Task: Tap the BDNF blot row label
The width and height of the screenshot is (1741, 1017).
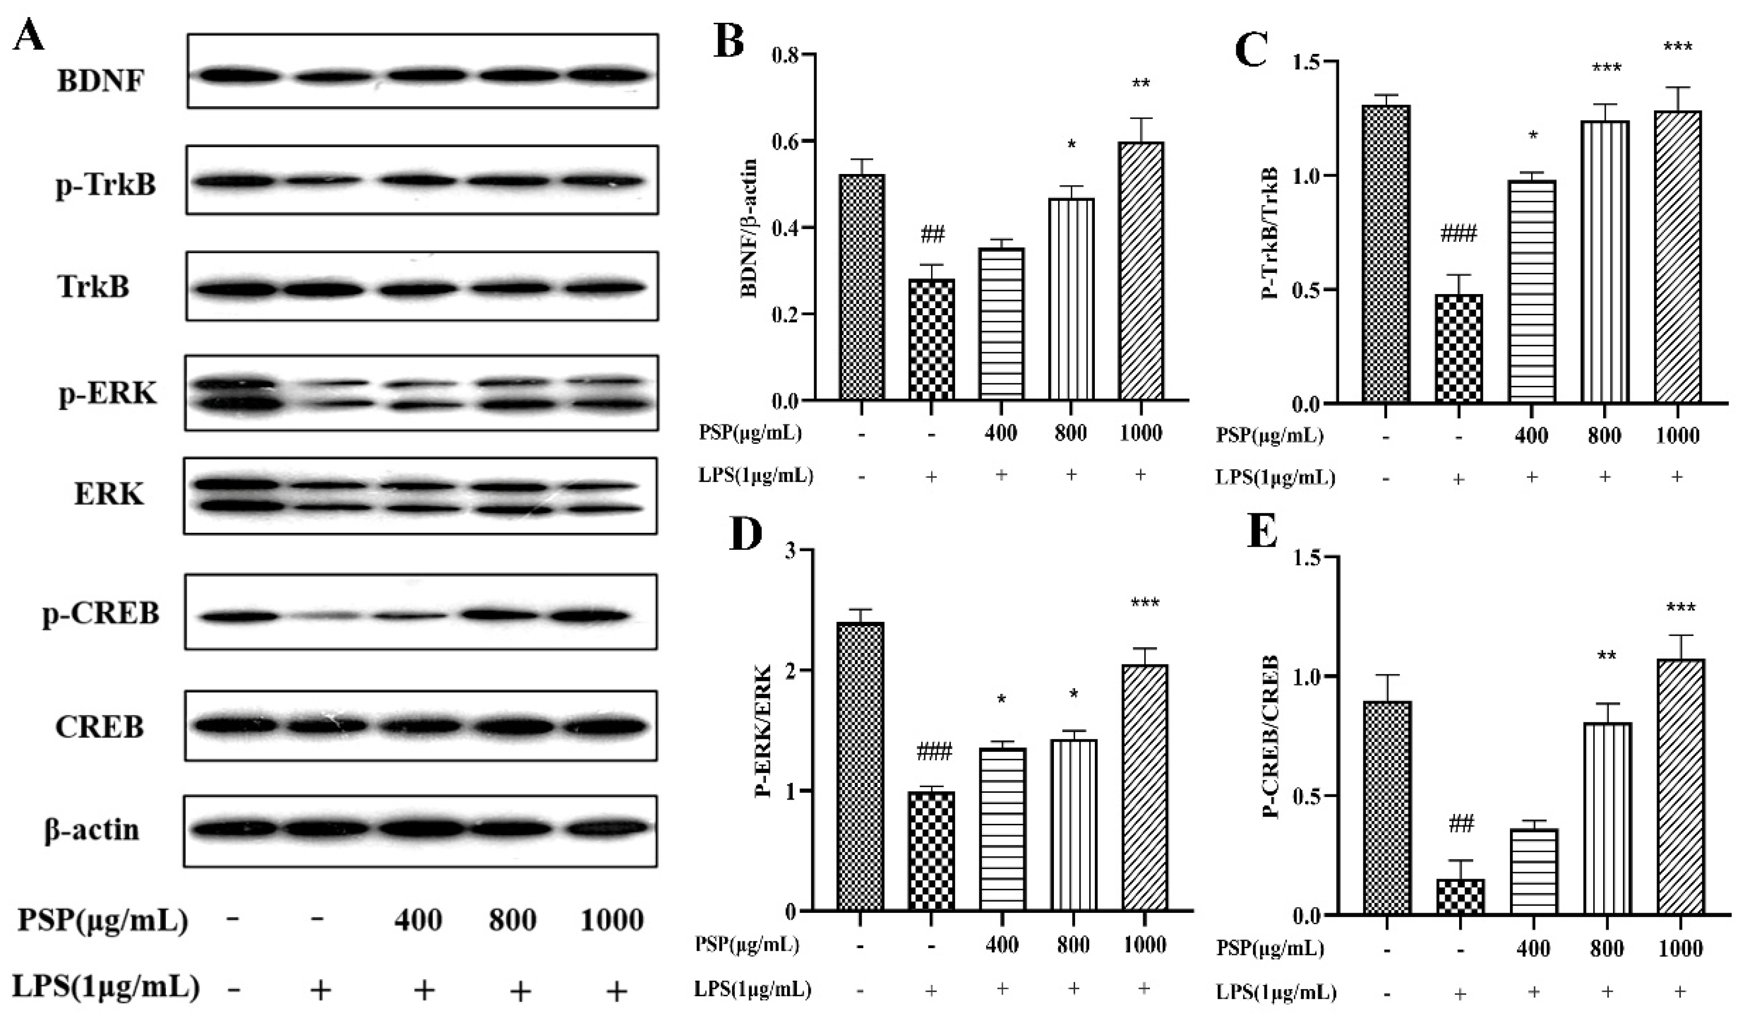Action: [101, 81]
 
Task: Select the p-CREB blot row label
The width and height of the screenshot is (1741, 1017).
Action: [101, 613]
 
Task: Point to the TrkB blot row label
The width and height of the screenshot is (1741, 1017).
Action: [94, 286]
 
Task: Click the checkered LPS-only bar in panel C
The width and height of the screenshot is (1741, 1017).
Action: [1459, 348]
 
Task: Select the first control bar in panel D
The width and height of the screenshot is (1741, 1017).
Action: [860, 766]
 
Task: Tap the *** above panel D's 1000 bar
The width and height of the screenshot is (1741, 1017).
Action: [1145, 603]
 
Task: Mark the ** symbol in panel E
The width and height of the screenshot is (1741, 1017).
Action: [1606, 655]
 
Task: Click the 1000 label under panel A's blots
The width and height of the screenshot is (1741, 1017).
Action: [612, 920]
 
